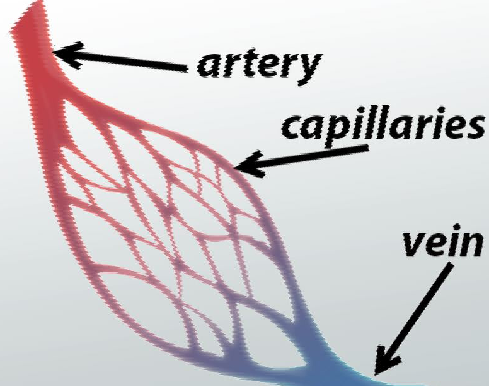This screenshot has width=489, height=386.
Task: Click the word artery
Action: click(259, 65)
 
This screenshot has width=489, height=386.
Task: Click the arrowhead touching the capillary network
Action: click(250, 165)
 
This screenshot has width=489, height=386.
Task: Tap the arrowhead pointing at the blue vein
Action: click(387, 360)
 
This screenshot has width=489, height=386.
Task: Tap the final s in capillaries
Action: click(475, 127)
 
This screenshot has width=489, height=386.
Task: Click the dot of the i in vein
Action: click(452, 227)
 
